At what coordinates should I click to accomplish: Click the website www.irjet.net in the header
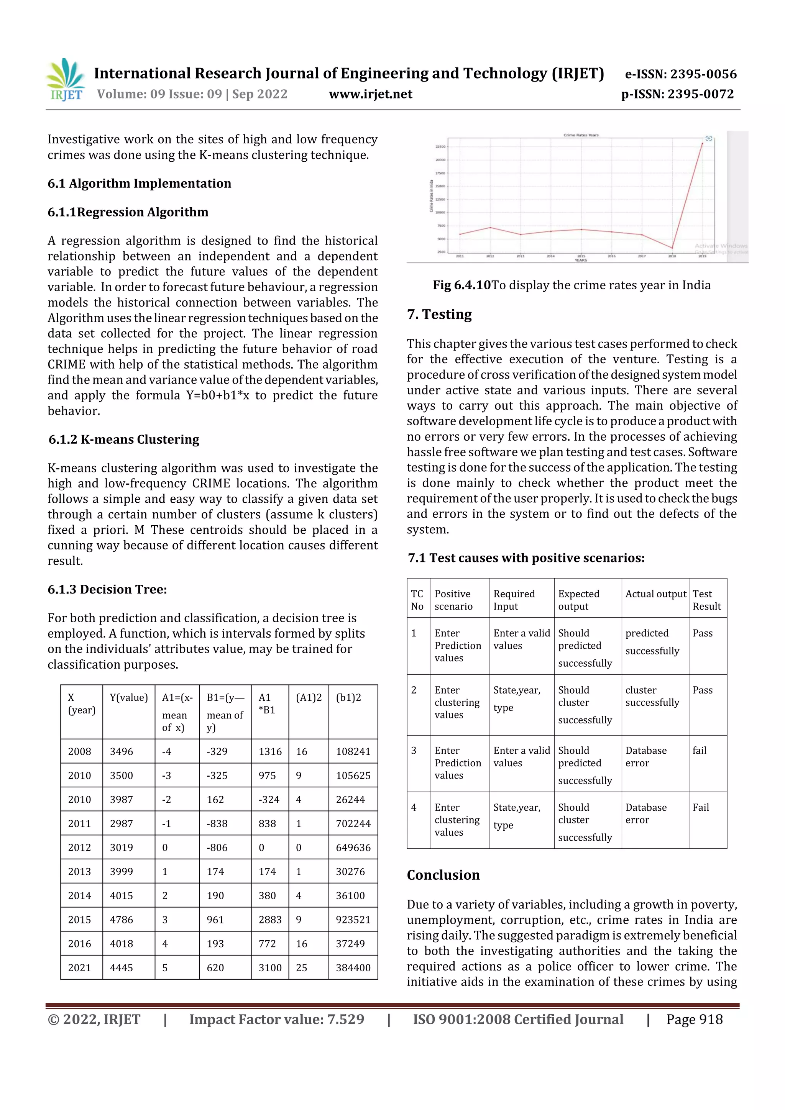coord(371,94)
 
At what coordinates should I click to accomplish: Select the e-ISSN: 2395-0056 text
coord(680,74)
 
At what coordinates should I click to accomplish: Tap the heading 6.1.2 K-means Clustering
coord(124,439)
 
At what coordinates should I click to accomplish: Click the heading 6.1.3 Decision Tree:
coord(107,589)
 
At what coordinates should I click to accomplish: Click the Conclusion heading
coord(443,875)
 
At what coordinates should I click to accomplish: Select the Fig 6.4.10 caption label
coord(461,285)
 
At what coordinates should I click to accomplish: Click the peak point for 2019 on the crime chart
coord(702,143)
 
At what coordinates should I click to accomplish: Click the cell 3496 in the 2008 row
coord(122,751)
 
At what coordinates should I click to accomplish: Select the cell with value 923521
coord(353,920)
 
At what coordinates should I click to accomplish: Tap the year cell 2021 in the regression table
coord(79,967)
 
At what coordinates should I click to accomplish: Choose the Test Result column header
coord(707,600)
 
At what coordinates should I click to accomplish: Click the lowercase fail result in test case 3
coord(700,750)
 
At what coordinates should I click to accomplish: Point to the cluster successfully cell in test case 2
coord(652,696)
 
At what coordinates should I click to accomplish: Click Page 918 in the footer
coord(694,1019)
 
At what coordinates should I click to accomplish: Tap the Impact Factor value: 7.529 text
coord(277,1019)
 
